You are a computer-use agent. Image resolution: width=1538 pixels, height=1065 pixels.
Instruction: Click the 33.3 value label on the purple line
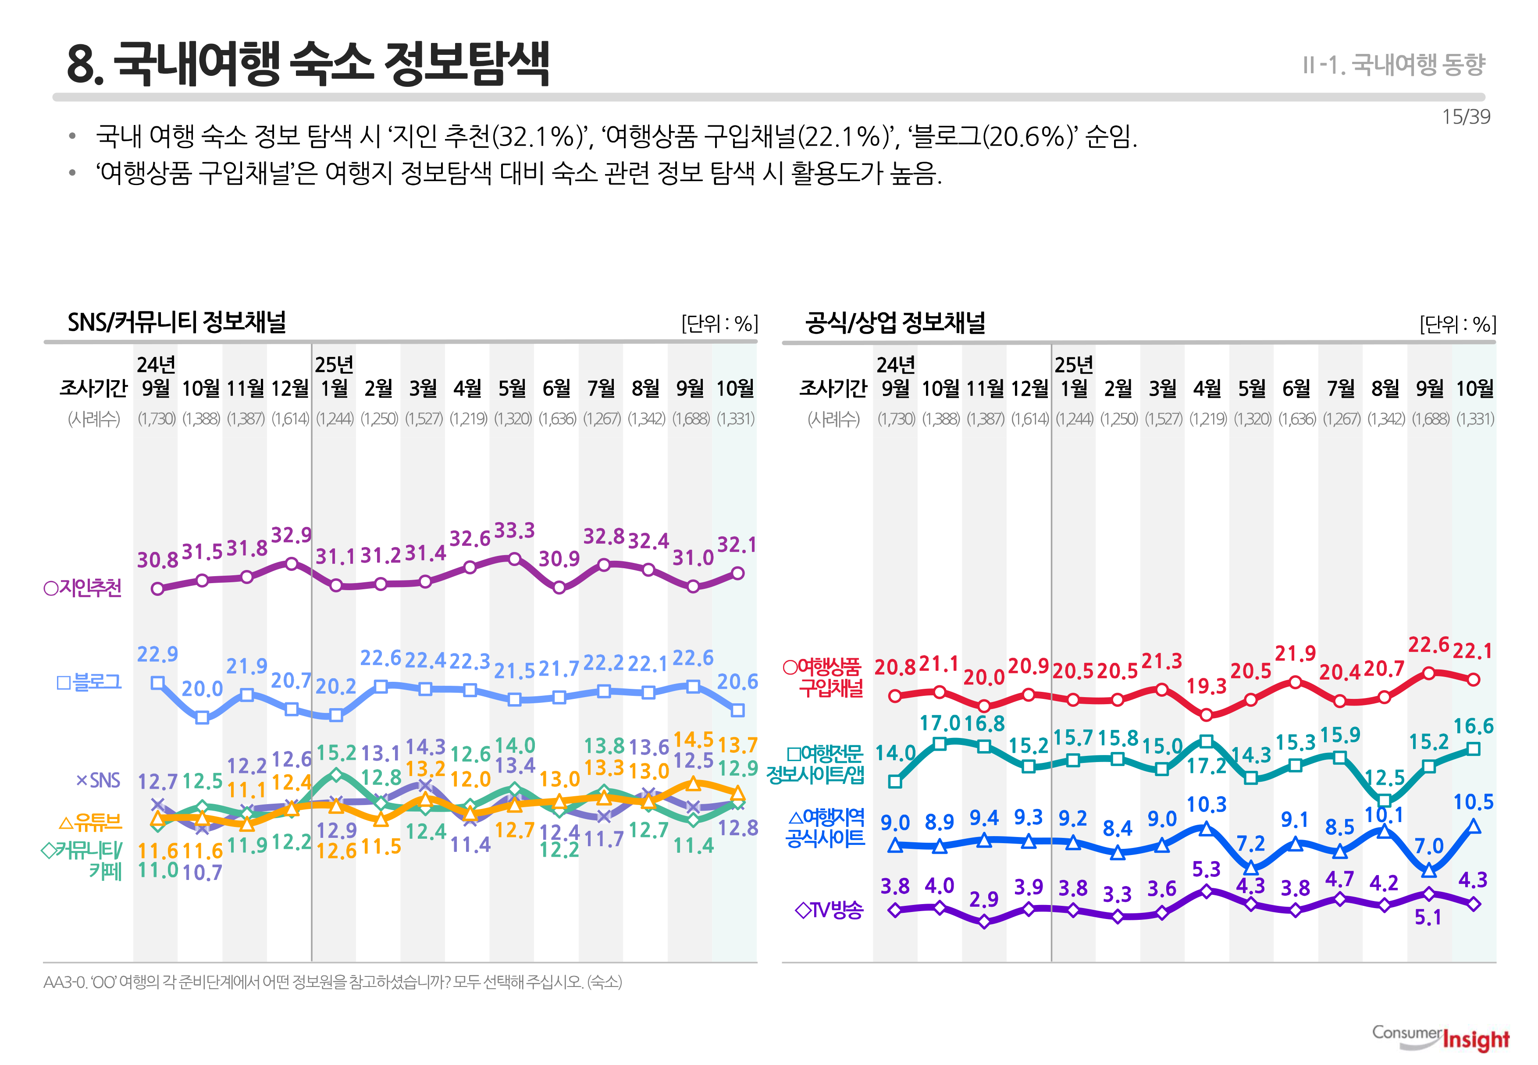(514, 531)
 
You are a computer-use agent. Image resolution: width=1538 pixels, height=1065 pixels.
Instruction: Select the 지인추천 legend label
(83, 588)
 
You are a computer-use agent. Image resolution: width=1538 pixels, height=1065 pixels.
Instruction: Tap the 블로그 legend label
(89, 682)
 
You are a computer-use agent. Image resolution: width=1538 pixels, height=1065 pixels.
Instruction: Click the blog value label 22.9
(157, 655)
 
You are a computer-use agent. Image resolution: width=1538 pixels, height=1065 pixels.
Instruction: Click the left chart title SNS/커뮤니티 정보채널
(177, 322)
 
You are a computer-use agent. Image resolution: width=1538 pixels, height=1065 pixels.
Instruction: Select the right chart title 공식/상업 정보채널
(895, 322)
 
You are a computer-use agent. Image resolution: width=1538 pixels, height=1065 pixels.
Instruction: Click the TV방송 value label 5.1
(1428, 918)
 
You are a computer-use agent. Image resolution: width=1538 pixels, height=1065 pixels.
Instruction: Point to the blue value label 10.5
(1473, 802)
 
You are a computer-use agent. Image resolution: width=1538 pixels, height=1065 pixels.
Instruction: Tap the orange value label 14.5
(693, 739)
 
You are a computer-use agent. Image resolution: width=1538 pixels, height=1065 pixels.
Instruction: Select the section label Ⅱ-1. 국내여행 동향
(1393, 65)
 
